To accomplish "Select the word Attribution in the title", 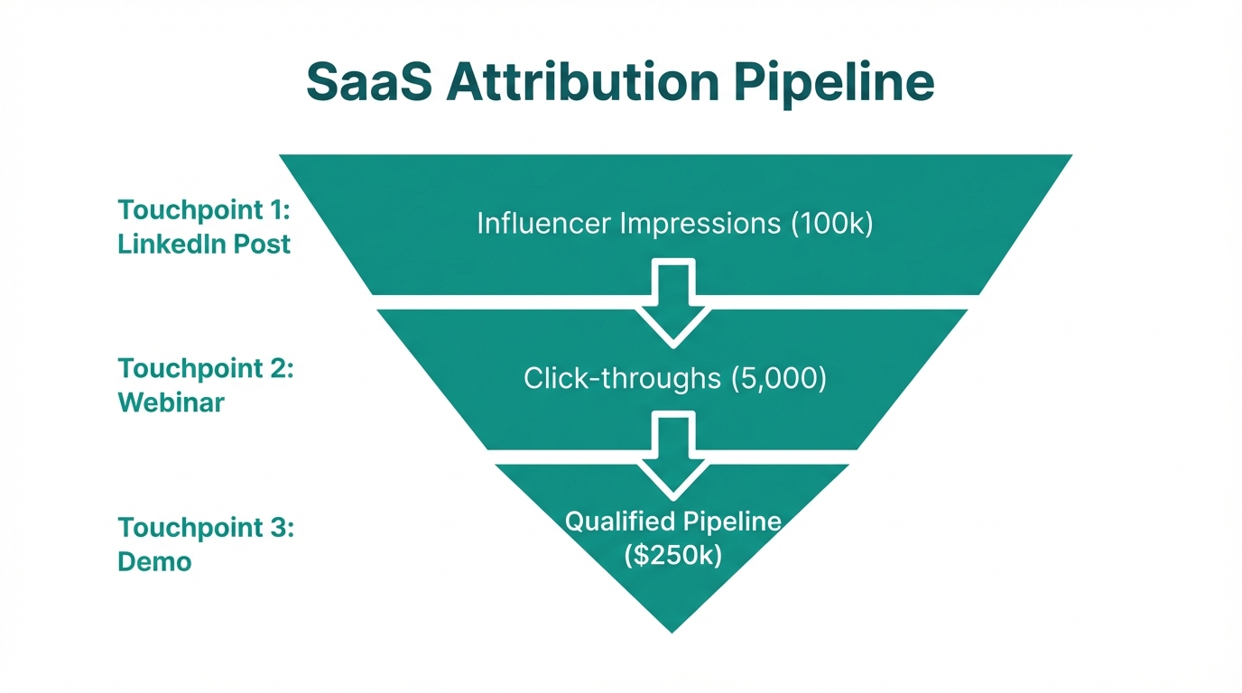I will [x=581, y=83].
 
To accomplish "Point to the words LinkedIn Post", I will [x=204, y=244].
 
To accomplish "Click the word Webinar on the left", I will [x=171, y=402].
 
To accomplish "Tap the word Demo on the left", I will [x=154, y=561].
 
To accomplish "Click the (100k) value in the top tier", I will [x=831, y=224].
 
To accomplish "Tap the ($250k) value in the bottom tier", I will [x=672, y=556].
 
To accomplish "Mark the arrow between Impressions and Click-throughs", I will [x=672, y=303].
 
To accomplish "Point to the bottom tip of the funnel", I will [x=672, y=628].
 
